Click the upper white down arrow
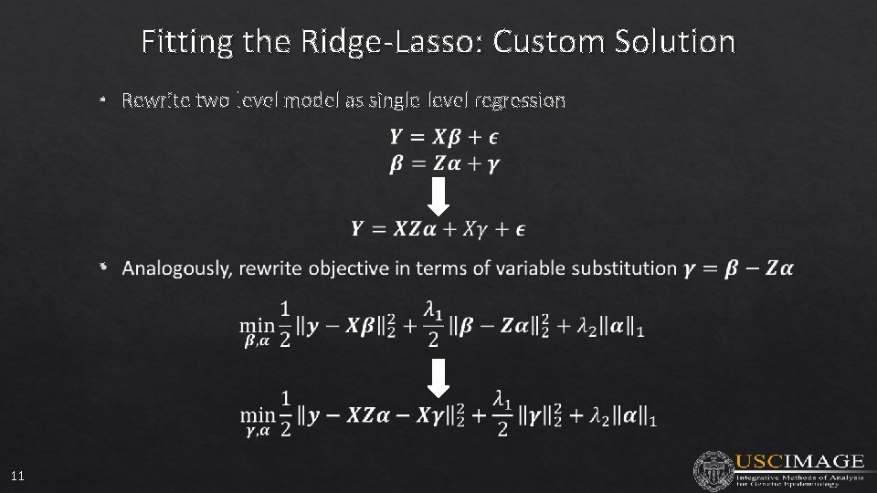click(x=438, y=196)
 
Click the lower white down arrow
click(x=438, y=377)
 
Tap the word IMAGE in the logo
click(x=824, y=461)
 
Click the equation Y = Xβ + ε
click(x=444, y=137)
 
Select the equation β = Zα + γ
click(x=444, y=163)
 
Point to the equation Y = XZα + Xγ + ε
click(x=438, y=228)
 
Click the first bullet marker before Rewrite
click(x=104, y=100)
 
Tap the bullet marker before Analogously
click(x=104, y=267)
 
